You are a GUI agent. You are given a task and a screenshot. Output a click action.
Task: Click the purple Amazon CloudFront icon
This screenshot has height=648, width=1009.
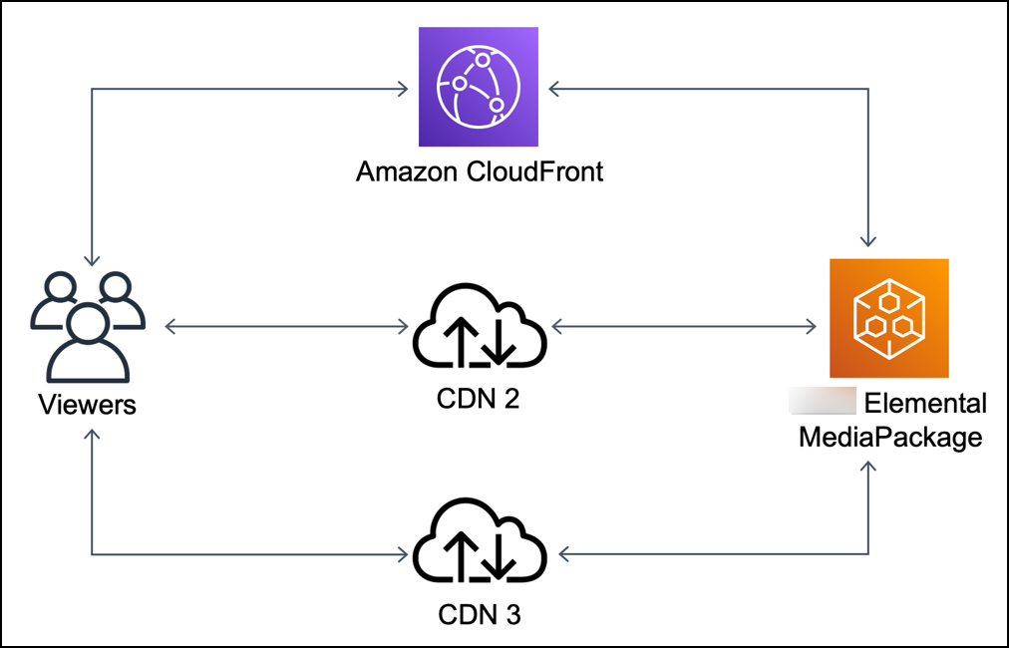click(x=479, y=87)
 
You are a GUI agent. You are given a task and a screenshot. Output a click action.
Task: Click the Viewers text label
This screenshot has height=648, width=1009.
click(x=87, y=405)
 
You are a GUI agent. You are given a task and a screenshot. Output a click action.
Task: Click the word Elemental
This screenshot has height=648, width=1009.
click(x=925, y=404)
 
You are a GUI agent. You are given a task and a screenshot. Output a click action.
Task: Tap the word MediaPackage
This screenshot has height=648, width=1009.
click(x=890, y=437)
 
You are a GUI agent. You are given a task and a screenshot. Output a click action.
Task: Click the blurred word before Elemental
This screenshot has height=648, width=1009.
click(x=823, y=403)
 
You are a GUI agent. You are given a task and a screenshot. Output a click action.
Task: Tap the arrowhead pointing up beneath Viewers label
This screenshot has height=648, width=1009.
click(x=92, y=436)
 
